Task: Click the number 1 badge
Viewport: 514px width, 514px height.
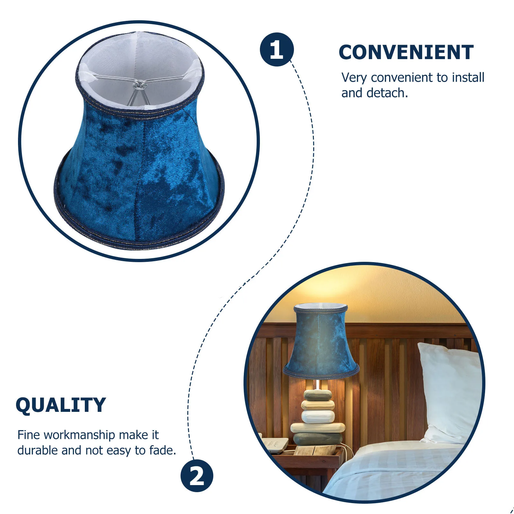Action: tap(277, 49)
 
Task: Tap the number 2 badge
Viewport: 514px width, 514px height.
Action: tap(197, 476)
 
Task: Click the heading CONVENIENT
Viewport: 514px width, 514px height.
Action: tap(406, 52)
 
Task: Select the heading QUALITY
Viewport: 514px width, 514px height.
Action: tap(61, 405)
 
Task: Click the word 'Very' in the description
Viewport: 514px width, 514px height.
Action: tap(354, 78)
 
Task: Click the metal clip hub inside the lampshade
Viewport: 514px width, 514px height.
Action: tap(139, 84)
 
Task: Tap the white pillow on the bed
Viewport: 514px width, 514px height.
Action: tap(450, 392)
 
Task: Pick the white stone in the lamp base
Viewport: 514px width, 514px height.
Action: tap(318, 417)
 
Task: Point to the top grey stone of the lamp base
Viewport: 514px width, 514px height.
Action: tap(318, 395)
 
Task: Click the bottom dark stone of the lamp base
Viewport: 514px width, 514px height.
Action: tap(318, 439)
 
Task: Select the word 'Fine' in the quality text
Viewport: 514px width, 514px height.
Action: tap(29, 435)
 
